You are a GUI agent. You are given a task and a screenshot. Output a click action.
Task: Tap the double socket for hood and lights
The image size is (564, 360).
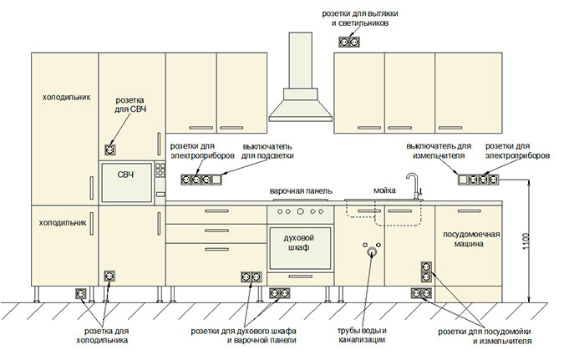tap(349, 42)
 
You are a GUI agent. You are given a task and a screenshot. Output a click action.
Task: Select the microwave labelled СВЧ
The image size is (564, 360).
tap(126, 182)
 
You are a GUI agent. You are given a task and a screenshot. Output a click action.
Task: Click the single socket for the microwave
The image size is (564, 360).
tap(110, 150)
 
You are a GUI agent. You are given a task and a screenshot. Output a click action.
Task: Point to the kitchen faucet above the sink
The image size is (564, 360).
tap(414, 186)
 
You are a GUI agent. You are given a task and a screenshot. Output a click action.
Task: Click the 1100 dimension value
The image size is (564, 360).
tap(526, 241)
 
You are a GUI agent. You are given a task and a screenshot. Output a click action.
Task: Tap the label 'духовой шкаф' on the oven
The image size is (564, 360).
tap(298, 243)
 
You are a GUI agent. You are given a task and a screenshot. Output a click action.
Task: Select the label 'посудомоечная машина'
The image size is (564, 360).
tap(471, 239)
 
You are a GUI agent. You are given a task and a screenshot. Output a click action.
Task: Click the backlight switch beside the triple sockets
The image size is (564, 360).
tap(217, 179)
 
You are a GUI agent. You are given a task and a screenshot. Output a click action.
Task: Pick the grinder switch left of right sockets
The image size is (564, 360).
tap(463, 179)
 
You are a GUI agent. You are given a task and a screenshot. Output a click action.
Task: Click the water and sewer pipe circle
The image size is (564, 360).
tap(372, 251)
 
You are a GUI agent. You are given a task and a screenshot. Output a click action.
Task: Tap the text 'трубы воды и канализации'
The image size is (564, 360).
tap(362, 335)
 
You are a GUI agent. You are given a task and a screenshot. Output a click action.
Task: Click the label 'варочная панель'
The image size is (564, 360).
tap(301, 191)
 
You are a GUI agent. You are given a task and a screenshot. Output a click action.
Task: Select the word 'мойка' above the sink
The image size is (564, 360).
tap(384, 190)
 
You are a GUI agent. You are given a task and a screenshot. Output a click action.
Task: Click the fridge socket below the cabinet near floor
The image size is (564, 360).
tap(81, 294)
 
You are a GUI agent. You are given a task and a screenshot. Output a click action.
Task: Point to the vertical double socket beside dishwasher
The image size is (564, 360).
tap(426, 272)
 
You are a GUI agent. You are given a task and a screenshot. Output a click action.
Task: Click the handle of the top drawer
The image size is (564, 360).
tap(216, 211)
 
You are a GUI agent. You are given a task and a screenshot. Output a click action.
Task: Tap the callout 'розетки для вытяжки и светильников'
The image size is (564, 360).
tap(359, 18)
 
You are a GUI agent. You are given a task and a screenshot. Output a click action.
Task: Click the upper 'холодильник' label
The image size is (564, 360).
tap(67, 97)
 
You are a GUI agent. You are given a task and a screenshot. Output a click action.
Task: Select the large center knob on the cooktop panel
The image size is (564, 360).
tap(300, 211)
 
